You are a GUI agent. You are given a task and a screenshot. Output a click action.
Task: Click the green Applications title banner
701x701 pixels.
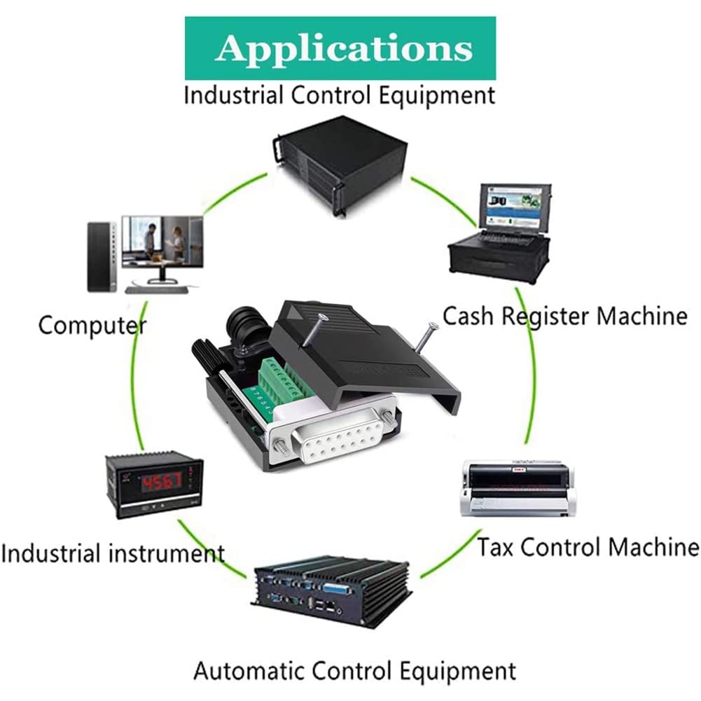coord(340,48)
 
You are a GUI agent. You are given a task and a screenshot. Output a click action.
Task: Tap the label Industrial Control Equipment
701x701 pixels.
coord(339,95)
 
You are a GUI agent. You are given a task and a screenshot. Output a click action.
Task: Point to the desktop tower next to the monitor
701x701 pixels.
coord(99,256)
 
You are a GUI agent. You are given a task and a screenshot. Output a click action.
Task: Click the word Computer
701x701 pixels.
coord(92,325)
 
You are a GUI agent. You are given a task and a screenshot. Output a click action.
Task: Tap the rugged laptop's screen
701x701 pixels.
coord(511,209)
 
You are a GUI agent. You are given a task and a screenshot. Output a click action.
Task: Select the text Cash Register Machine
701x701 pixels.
coord(564,316)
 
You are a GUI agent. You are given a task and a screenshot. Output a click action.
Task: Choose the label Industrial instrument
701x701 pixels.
coord(113,553)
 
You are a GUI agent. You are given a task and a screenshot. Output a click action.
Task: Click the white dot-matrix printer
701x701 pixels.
coord(519,487)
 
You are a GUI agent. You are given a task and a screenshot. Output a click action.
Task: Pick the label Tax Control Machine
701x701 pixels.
coord(588,546)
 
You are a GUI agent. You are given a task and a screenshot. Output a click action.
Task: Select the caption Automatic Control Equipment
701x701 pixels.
coord(354,671)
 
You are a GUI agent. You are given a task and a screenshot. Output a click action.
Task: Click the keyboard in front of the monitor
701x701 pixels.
coord(157,287)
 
